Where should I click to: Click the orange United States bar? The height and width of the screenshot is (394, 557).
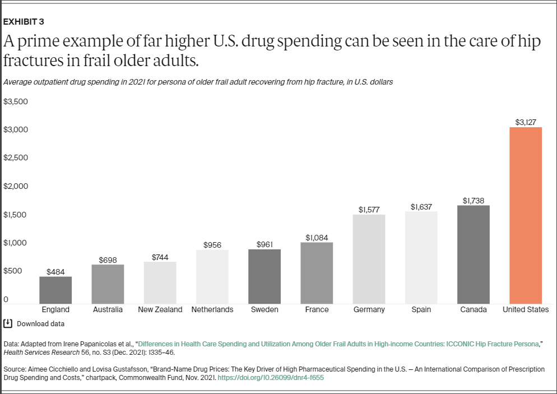pos(525,215)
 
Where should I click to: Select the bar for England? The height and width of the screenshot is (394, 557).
pos(55,290)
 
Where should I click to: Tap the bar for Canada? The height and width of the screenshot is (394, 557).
pos(474,254)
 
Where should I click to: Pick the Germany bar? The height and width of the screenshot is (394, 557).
pos(369,259)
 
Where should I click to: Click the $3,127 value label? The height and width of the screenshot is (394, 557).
pos(526,122)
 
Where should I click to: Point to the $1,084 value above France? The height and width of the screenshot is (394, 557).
pos(317,238)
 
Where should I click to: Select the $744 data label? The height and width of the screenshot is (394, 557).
pos(160,257)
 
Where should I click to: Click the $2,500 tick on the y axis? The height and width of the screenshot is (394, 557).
pos(16,158)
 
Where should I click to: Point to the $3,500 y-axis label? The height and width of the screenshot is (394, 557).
pos(16,102)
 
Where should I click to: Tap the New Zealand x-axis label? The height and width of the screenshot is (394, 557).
pos(160,309)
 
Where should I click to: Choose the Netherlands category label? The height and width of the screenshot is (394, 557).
pos(212,309)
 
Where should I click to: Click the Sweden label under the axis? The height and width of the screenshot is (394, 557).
pos(264,309)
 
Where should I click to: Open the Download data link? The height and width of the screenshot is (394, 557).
pos(40,323)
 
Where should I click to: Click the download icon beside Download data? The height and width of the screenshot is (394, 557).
pos(8,323)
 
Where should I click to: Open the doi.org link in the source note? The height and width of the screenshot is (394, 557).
pos(271,378)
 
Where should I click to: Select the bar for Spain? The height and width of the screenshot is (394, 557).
pos(421,257)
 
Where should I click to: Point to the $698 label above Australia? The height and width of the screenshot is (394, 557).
pos(108,260)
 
